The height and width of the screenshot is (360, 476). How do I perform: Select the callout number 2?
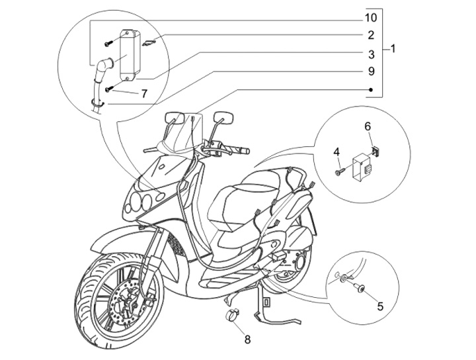pos(372,35)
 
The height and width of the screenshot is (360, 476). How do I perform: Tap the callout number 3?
pos(372,54)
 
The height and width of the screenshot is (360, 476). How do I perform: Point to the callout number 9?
pos(372,71)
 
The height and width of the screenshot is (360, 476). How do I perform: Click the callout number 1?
pos(393,49)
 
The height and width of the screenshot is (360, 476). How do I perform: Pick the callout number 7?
pos(143,94)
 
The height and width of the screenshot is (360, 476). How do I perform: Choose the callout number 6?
pos(368,126)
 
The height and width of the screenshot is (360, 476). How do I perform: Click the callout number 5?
pos(380,306)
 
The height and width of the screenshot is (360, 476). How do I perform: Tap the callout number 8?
pos(248,340)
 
